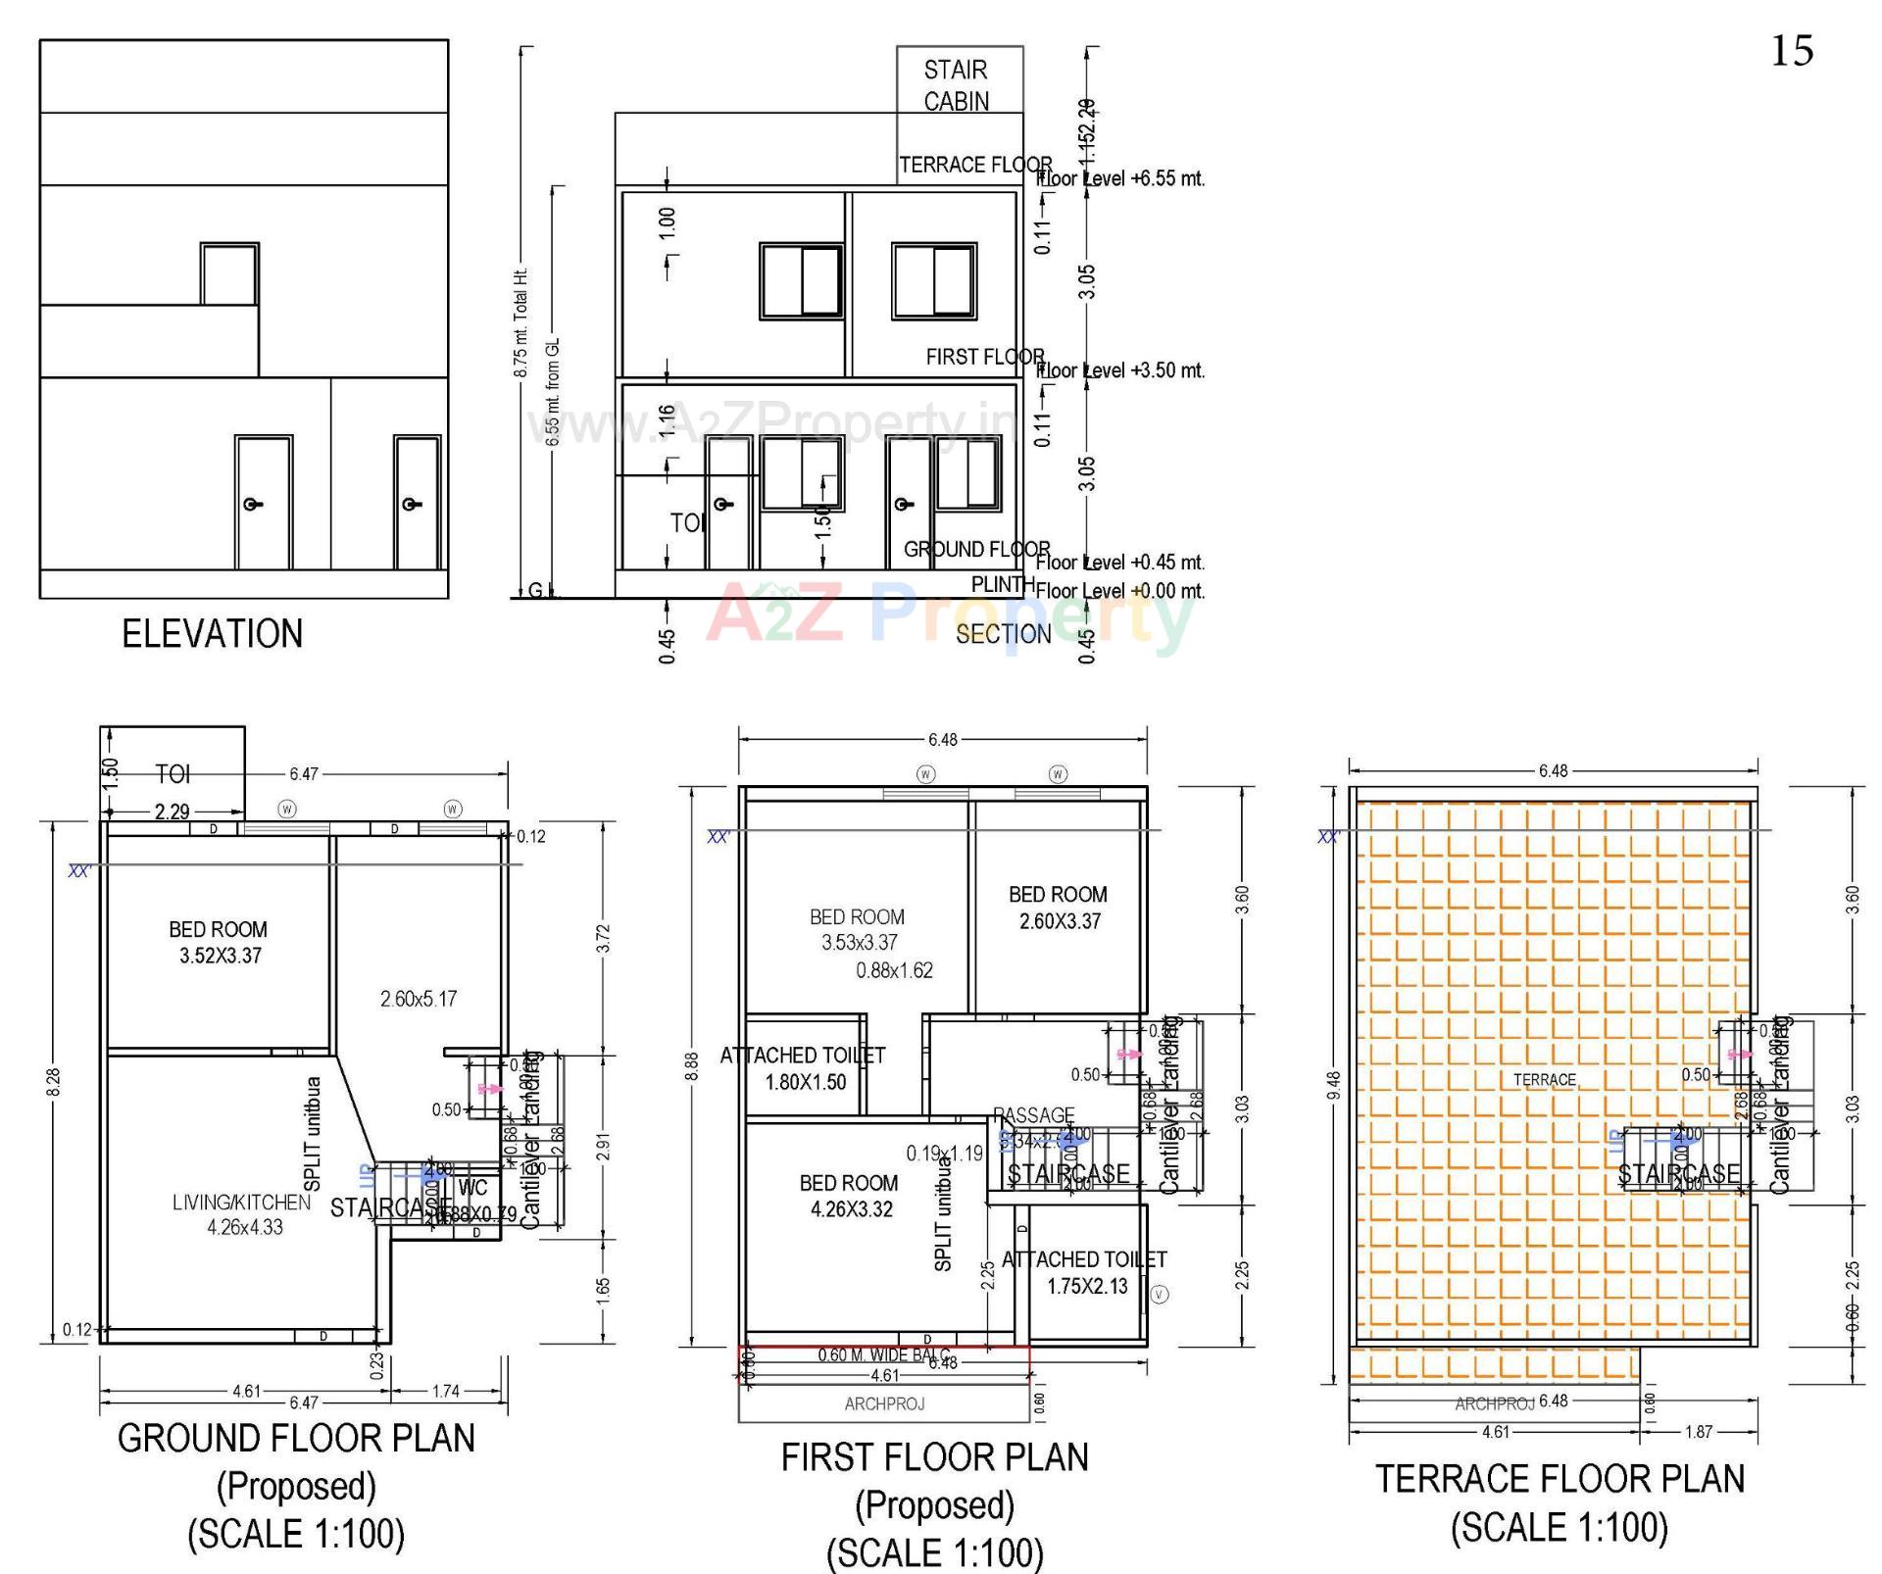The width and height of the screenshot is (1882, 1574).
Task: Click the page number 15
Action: pyautogui.click(x=1791, y=51)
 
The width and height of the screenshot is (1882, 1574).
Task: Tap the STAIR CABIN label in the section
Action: pyautogui.click(x=956, y=85)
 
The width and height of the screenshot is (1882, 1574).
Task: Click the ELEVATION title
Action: pyautogui.click(x=212, y=634)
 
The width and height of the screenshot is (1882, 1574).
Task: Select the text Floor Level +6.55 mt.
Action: pyautogui.click(x=1120, y=178)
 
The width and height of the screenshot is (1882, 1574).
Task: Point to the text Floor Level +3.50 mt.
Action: pyautogui.click(x=1120, y=370)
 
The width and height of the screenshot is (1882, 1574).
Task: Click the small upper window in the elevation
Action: pyautogui.click(x=229, y=274)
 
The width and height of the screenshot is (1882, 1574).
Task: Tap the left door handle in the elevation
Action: pyautogui.click(x=253, y=504)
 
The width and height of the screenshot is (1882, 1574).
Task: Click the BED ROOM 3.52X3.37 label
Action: pyautogui.click(x=219, y=942)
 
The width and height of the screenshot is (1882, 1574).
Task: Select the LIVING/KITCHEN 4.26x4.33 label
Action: pyautogui.click(x=243, y=1214)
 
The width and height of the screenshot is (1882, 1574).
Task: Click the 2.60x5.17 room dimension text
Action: pyautogui.click(x=419, y=999)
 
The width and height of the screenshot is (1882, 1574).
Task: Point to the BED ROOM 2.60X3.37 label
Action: pyautogui.click(x=1059, y=908)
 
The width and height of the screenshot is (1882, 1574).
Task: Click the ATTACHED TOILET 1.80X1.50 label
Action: pyautogui.click(x=803, y=1068)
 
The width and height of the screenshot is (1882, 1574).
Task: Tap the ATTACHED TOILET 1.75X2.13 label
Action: pyautogui.click(x=1085, y=1272)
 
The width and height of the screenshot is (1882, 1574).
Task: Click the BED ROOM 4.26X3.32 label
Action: pyautogui.click(x=850, y=1196)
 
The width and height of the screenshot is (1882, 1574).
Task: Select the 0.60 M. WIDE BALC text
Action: pyautogui.click(x=883, y=1355)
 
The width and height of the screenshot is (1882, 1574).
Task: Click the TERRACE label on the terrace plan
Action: pyautogui.click(x=1545, y=1080)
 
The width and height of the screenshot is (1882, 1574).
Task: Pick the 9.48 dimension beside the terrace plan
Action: pyautogui.click(x=1332, y=1085)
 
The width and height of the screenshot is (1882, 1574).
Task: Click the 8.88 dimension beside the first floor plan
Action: pyautogui.click(x=692, y=1066)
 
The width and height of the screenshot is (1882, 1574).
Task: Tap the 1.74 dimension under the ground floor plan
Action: pyautogui.click(x=445, y=1391)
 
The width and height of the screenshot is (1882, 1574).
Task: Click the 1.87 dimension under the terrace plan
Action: pyautogui.click(x=1698, y=1432)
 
